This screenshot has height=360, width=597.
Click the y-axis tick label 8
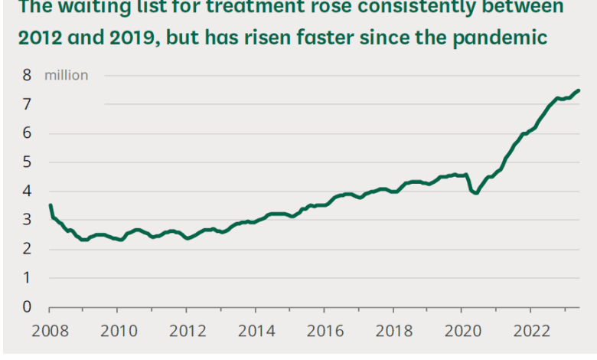click(27, 75)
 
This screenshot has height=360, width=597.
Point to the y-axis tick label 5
click(27, 162)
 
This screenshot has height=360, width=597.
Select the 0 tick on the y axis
click(27, 307)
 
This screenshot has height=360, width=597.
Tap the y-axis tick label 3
click(27, 220)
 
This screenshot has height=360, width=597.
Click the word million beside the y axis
click(67, 75)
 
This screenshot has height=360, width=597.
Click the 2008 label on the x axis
click(48, 333)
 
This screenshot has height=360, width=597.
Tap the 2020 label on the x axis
click(462, 333)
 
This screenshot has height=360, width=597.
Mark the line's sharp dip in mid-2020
click(475, 192)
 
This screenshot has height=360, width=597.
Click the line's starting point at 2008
click(50, 205)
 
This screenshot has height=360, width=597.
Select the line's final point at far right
click(578, 90)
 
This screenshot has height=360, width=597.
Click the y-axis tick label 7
click(27, 104)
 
